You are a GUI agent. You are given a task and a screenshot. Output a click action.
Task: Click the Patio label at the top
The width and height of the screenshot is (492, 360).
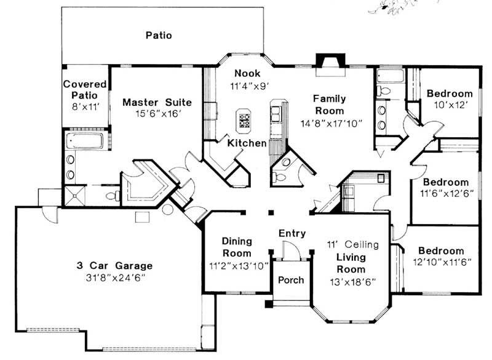click(x=159, y=35)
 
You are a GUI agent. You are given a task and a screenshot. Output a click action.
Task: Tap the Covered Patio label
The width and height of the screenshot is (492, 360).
click(x=85, y=90)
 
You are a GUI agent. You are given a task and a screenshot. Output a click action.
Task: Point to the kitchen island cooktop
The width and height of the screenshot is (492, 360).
click(x=244, y=120)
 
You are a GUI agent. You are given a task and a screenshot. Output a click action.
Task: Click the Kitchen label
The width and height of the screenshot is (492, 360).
click(x=247, y=143)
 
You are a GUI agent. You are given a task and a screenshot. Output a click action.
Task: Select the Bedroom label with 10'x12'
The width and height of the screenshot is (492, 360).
click(x=450, y=94)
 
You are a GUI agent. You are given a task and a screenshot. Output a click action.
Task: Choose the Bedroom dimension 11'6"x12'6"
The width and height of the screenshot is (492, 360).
click(x=445, y=194)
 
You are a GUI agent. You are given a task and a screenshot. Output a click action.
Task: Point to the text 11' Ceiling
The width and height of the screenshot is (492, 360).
click(x=352, y=244)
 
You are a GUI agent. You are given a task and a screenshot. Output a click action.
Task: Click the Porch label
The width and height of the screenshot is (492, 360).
click(x=291, y=280)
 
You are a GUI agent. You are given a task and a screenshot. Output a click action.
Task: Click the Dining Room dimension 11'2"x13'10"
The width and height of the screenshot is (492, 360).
click(x=237, y=265)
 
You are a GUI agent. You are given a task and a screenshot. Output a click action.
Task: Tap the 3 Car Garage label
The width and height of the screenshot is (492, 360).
click(x=115, y=266)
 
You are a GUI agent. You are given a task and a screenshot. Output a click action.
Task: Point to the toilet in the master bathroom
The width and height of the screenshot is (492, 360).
click(x=113, y=196)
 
